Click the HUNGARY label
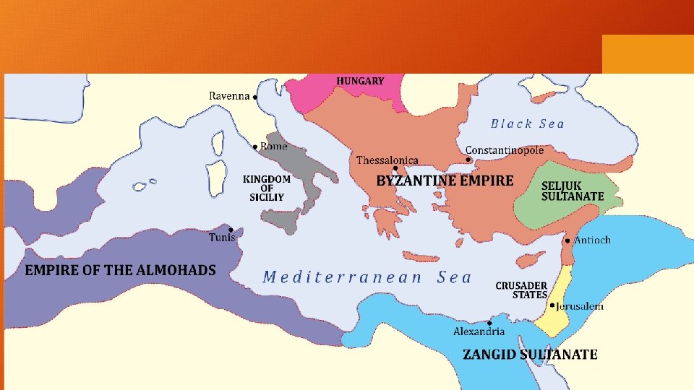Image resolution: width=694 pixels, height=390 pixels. [359, 81]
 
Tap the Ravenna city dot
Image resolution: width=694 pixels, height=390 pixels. [255, 97]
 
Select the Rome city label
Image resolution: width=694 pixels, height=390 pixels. [274, 147]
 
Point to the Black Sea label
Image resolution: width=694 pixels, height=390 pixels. [527, 123]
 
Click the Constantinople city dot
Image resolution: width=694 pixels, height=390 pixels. [468, 160]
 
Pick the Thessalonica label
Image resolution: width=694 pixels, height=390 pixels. [387, 160]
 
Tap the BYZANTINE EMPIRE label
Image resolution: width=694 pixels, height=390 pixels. [445, 181]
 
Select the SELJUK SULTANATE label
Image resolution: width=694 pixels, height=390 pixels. [573, 191]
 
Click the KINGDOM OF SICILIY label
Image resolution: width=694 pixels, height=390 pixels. [266, 188]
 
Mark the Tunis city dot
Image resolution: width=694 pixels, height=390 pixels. [231, 229]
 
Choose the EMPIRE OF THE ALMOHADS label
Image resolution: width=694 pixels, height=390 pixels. [121, 270]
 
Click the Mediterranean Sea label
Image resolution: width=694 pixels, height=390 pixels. [367, 277]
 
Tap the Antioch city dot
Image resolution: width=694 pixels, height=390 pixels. [567, 240]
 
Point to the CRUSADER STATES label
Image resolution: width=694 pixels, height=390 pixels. [520, 290]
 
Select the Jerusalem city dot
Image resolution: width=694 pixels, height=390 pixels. [552, 305]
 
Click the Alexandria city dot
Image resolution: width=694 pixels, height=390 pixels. [490, 323]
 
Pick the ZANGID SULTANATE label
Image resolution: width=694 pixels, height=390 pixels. [530, 355]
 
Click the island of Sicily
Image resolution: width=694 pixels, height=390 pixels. [282, 220]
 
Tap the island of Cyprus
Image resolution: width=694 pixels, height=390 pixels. [532, 259]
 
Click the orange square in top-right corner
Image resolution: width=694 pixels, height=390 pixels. [647, 54]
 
